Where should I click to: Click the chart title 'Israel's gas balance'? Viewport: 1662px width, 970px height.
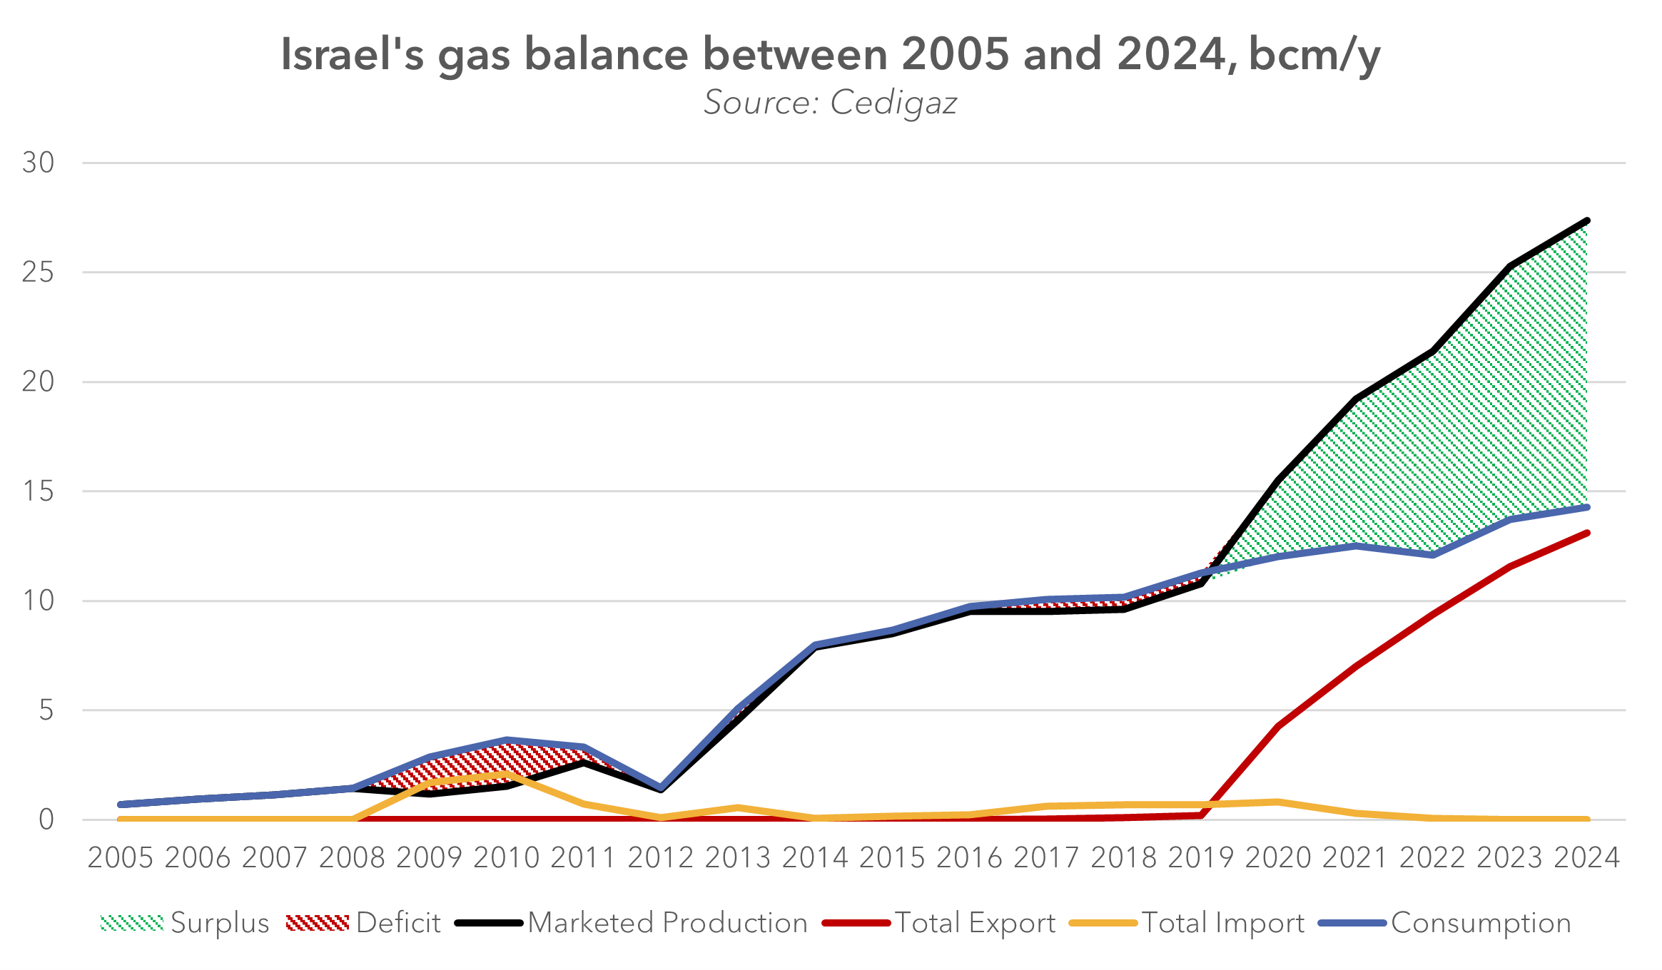pyautogui.click(x=830, y=55)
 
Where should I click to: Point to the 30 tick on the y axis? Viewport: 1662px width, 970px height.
pyautogui.click(x=38, y=163)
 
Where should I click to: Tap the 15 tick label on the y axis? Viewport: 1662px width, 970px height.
pyautogui.click(x=38, y=491)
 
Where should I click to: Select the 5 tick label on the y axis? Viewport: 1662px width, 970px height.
pyautogui.click(x=46, y=710)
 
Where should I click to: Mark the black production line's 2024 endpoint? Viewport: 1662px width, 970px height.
pyautogui.click(x=1586, y=221)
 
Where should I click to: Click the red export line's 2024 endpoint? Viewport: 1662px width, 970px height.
pyautogui.click(x=1586, y=533)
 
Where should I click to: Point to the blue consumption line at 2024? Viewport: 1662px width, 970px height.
pyautogui.click(x=1586, y=507)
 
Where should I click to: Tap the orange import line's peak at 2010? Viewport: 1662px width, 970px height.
pyautogui.click(x=506, y=774)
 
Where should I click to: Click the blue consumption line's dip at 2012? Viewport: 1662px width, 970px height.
pyautogui.click(x=661, y=787)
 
